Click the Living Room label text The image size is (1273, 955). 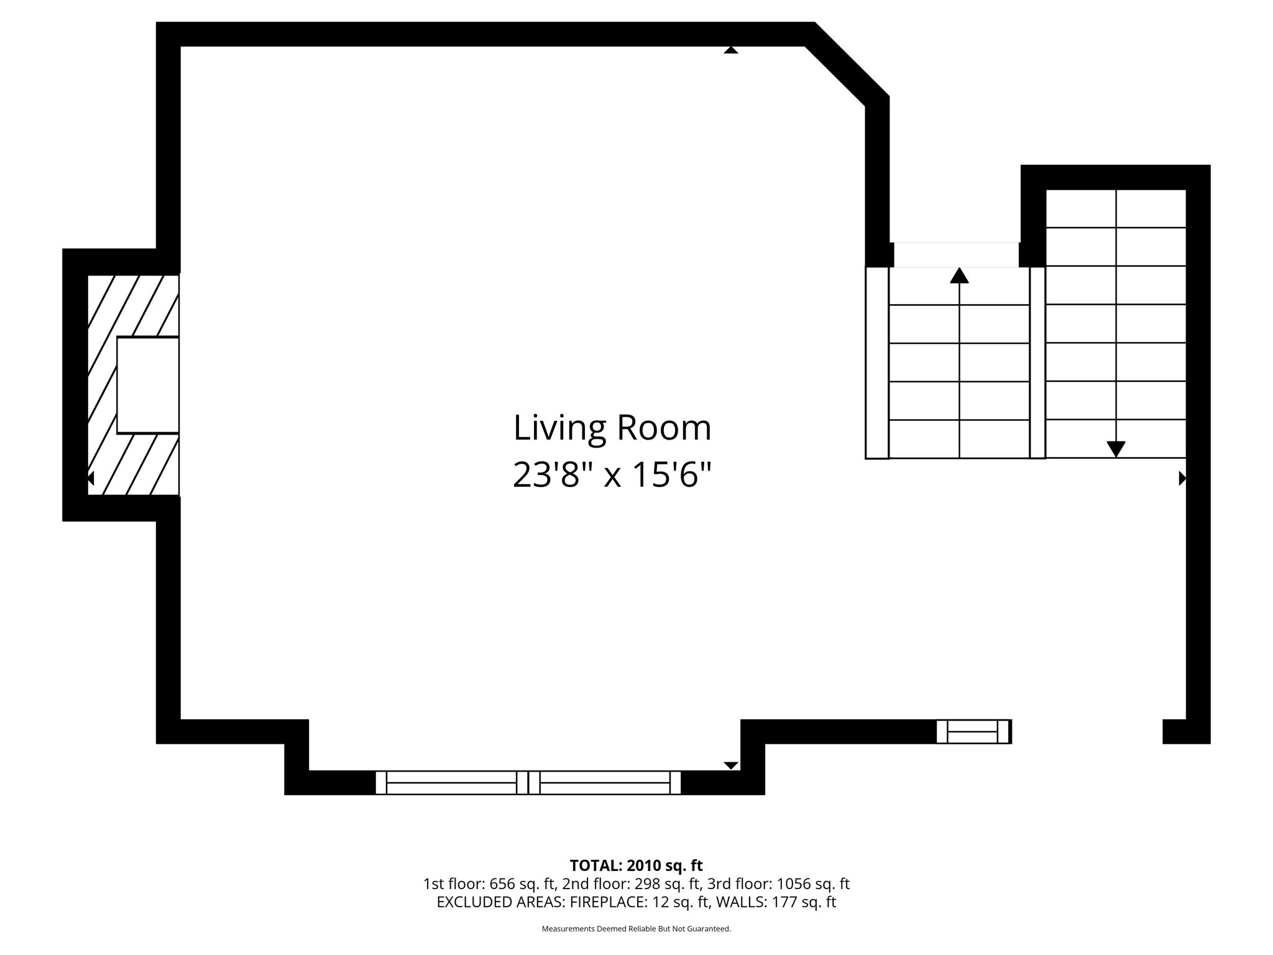(612, 428)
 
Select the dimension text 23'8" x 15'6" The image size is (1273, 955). (612, 476)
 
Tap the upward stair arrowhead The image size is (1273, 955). (959, 275)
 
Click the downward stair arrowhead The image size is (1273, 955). (1116, 449)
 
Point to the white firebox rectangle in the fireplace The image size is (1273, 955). (148, 385)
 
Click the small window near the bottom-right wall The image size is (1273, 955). (973, 732)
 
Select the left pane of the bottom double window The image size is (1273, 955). (451, 783)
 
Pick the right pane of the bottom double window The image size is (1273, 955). (605, 783)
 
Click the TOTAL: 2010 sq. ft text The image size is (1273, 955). (636, 865)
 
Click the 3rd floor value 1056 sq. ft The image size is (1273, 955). (813, 884)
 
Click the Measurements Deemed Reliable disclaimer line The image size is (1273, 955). (636, 929)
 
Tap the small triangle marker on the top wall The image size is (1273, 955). (731, 50)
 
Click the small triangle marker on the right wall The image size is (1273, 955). (1182, 478)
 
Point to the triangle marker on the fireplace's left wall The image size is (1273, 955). (91, 478)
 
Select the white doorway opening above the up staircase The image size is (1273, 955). (956, 255)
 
